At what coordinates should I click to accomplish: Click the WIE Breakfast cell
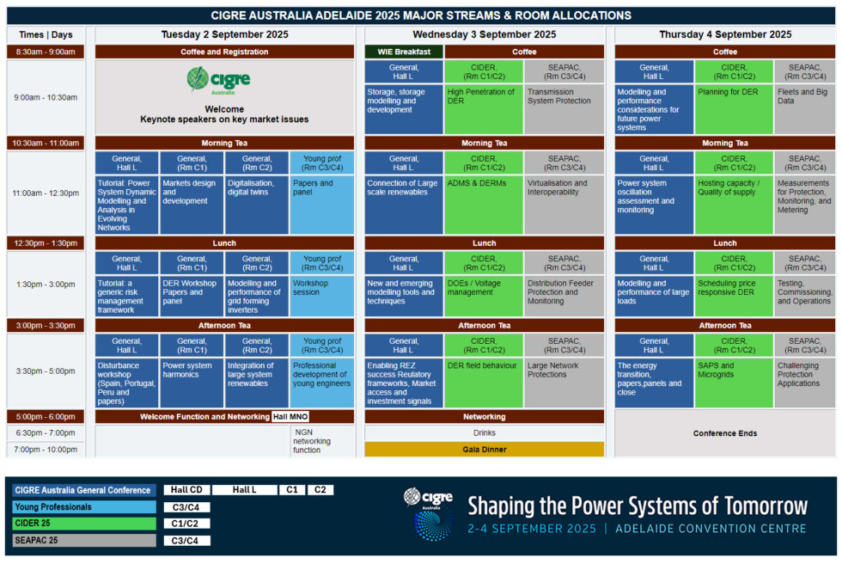pos(404,52)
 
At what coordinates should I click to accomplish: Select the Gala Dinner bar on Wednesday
pos(485,450)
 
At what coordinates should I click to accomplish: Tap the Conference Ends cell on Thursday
pos(725,433)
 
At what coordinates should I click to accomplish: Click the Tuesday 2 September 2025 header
pos(224,34)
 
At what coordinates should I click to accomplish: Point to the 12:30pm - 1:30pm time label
pos(46,243)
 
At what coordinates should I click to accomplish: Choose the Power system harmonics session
pos(192,383)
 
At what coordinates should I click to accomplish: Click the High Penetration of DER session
pos(484,108)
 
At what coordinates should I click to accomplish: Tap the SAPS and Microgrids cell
pos(734,383)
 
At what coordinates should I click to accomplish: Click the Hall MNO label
pos(290,417)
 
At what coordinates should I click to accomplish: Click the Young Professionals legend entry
pos(84,507)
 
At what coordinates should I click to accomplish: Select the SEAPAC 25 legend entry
pos(84,541)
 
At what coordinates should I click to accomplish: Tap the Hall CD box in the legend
pos(186,490)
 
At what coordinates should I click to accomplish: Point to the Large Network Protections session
pos(564,383)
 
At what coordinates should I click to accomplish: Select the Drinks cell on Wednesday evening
pos(485,433)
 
